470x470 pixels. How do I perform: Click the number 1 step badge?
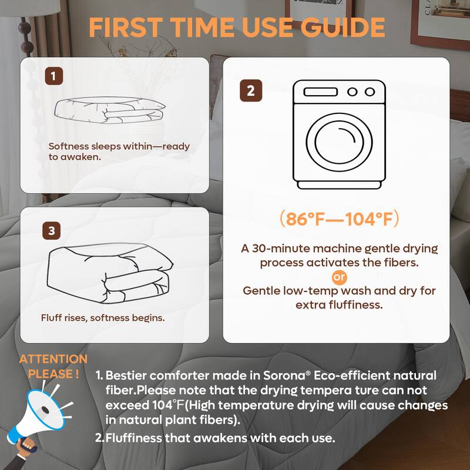click(x=53, y=76)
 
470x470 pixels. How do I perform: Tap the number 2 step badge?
click(x=251, y=91)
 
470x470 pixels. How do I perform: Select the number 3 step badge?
click(x=52, y=231)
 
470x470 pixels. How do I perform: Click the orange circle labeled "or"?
click(x=340, y=277)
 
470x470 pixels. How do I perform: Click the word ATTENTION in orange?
click(x=53, y=359)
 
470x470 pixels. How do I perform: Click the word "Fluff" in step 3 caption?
click(x=51, y=318)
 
